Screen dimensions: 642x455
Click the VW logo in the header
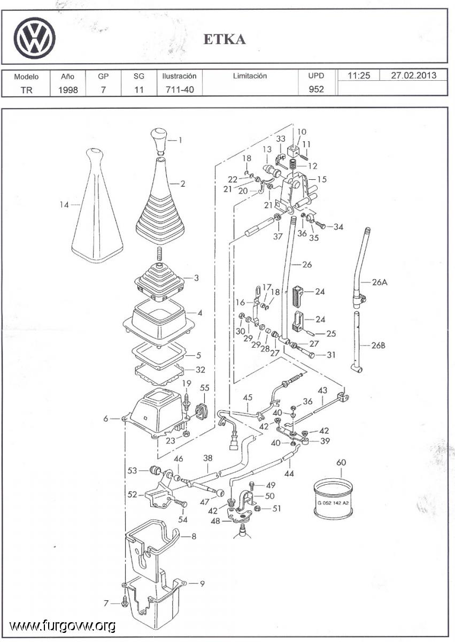click(x=35, y=38)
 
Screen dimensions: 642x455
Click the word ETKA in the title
click(x=225, y=40)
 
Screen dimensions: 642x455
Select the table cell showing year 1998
click(x=68, y=89)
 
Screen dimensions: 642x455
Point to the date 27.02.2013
click(x=413, y=75)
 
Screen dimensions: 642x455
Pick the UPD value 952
click(x=316, y=89)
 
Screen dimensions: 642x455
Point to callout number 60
click(x=341, y=462)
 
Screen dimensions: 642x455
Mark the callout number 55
click(x=205, y=387)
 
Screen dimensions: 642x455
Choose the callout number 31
click(x=331, y=354)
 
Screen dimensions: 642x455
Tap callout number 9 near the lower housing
click(x=202, y=584)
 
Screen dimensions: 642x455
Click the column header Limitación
click(x=250, y=76)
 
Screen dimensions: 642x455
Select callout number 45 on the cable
click(x=248, y=398)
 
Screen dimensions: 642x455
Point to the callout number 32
click(x=200, y=369)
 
